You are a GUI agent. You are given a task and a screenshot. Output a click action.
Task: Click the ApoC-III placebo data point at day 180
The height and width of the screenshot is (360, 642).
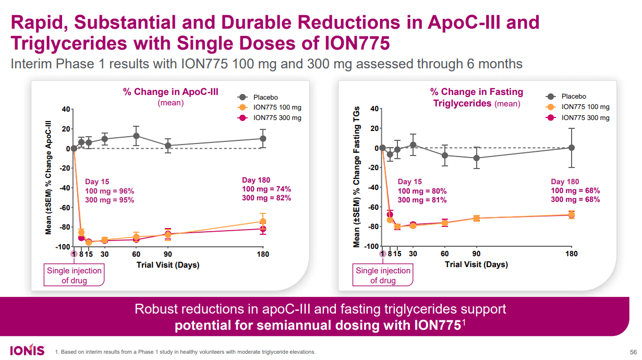tap(263, 138)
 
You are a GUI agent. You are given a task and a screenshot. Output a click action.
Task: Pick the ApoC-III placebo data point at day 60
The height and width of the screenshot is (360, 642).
tap(136, 136)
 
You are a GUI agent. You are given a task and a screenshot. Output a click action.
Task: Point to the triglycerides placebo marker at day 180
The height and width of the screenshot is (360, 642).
tap(572, 148)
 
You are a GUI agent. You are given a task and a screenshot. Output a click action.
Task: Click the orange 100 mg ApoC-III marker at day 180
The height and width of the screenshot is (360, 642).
tap(263, 221)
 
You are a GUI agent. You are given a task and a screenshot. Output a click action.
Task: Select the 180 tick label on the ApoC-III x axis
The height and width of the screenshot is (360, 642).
tap(263, 254)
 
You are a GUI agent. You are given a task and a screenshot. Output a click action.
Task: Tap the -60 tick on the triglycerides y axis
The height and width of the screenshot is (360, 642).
tap(371, 207)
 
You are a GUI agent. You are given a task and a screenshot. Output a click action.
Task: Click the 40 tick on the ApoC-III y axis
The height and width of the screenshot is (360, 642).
tap(65, 109)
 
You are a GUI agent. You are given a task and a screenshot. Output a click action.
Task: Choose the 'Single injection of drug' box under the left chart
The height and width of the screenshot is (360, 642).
tap(75, 275)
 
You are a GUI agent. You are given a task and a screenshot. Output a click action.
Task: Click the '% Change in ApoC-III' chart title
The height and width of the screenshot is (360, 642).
tap(171, 92)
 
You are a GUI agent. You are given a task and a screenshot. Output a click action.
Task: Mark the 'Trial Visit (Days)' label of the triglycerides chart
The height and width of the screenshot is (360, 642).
tap(476, 265)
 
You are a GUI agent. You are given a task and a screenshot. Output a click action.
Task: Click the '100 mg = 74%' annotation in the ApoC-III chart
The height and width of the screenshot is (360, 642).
tap(266, 189)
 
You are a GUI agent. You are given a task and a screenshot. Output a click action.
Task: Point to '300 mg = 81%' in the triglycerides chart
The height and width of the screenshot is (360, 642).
tap(422, 200)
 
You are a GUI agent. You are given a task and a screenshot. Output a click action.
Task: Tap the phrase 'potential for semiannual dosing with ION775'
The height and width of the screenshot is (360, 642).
tap(317, 326)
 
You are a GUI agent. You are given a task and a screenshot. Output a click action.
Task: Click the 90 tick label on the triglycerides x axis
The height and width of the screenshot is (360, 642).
tap(476, 254)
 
